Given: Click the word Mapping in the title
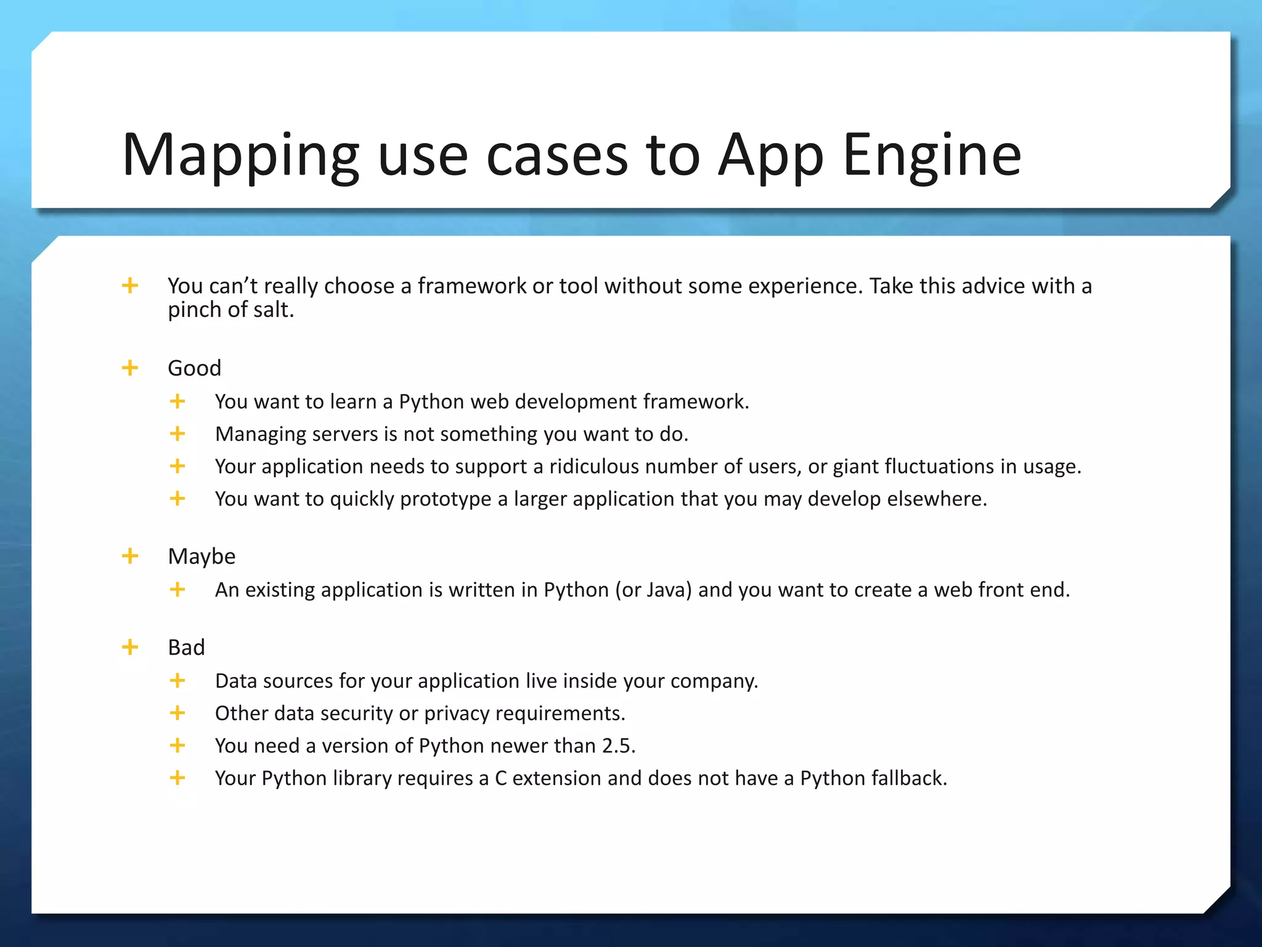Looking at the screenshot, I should [240, 155].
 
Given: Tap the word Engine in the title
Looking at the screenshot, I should [931, 155].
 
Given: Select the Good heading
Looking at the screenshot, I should [194, 368].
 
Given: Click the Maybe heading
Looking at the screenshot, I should [202, 556].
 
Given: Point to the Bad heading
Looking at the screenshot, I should [186, 647].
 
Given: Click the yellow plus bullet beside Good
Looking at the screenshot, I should [130, 368].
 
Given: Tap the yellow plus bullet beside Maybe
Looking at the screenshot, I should [130, 556].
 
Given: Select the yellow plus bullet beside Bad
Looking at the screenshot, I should [130, 647].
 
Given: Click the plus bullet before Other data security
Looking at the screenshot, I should [177, 713].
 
